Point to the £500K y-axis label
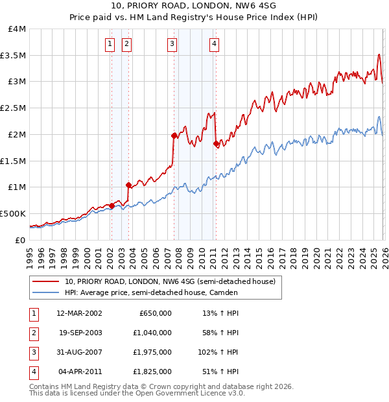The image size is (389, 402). pyautogui.click(x=13, y=213)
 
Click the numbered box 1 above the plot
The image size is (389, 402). pyautogui.click(x=109, y=44)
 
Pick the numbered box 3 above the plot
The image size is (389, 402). pyautogui.click(x=172, y=44)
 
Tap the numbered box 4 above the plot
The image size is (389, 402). pyautogui.click(x=214, y=44)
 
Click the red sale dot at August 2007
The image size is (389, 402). pyautogui.click(x=174, y=136)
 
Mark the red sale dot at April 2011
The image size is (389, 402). pyautogui.click(x=215, y=144)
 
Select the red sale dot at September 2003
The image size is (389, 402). pyautogui.click(x=128, y=185)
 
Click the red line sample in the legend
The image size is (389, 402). pyautogui.click(x=46, y=281)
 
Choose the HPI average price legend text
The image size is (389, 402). pyautogui.click(x=151, y=292)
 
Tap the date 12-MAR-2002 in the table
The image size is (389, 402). pyautogui.click(x=78, y=313)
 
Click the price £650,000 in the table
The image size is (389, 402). pyautogui.click(x=156, y=313)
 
